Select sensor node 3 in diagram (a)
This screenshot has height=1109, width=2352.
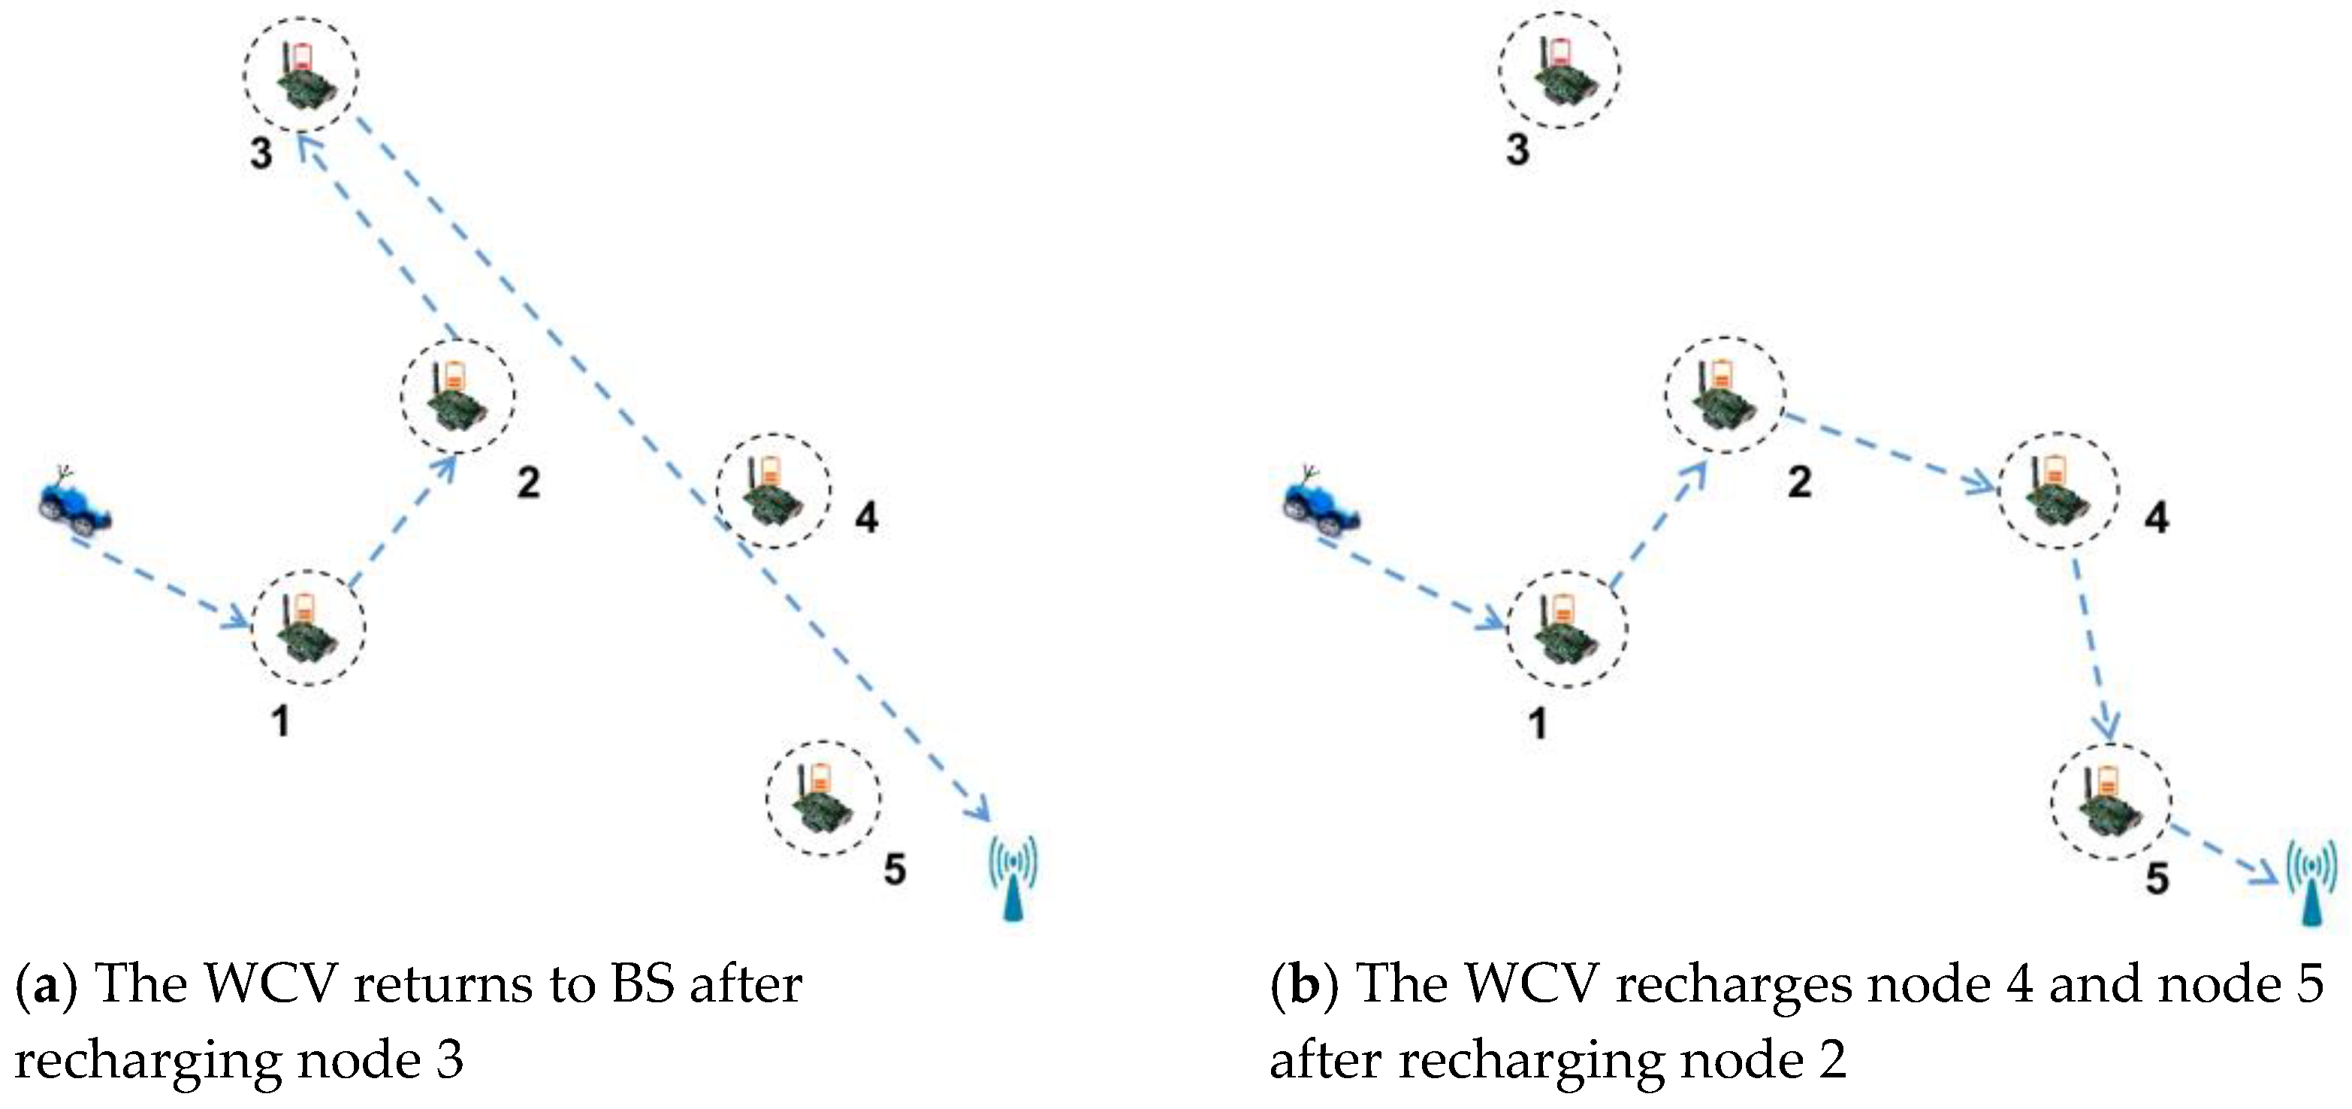click(x=300, y=73)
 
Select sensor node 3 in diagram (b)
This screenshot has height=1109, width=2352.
click(x=1559, y=68)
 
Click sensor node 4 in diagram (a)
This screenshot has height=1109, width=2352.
click(x=773, y=491)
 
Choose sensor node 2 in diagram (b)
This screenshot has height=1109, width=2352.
click(x=1723, y=394)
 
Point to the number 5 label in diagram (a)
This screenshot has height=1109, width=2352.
click(x=895, y=869)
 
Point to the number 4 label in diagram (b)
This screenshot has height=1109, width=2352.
click(x=2157, y=518)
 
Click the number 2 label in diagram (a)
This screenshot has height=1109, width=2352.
click(x=529, y=482)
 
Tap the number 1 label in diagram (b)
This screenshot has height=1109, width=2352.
click(x=1538, y=724)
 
